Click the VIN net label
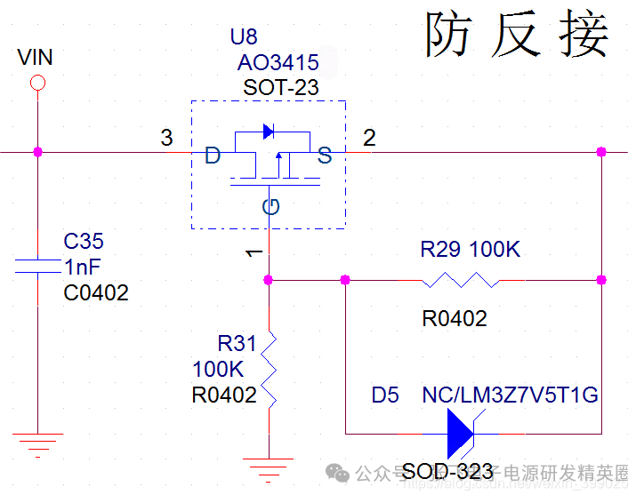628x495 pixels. click(x=36, y=58)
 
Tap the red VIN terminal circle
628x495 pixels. click(x=37, y=84)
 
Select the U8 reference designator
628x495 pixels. click(x=243, y=37)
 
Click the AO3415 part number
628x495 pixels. click(x=277, y=63)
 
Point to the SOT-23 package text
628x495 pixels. click(x=280, y=88)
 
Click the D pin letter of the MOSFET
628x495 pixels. click(x=213, y=157)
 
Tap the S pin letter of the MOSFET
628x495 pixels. click(x=325, y=157)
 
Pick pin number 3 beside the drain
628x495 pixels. click(x=166, y=138)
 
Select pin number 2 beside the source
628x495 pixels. click(x=369, y=138)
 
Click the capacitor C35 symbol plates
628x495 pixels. click(x=37, y=264)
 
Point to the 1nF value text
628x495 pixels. click(x=83, y=267)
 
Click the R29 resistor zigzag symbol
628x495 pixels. click(x=460, y=280)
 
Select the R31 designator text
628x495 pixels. click(x=237, y=343)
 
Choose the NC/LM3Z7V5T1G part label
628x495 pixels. click(x=510, y=395)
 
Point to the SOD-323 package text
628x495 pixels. click(x=442, y=472)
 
